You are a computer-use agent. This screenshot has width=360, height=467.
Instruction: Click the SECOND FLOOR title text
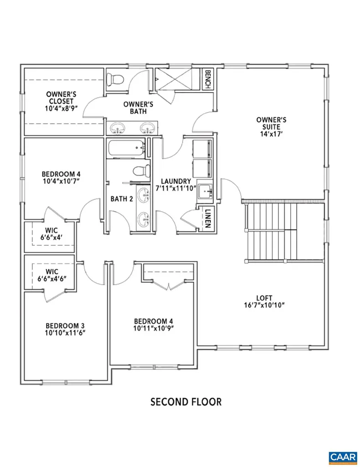coord(186,402)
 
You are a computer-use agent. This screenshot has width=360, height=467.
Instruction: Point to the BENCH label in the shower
coord(208,80)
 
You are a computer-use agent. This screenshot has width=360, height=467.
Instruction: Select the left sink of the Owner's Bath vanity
coord(118,128)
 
